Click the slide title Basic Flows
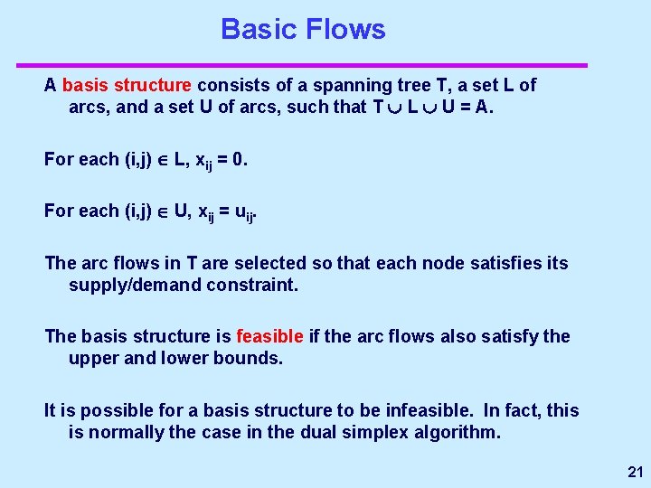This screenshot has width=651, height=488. [303, 30]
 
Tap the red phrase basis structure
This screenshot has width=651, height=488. [127, 86]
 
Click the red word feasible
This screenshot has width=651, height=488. [269, 337]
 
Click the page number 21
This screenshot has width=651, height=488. [635, 472]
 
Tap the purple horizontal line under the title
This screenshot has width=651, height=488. [303, 65]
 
